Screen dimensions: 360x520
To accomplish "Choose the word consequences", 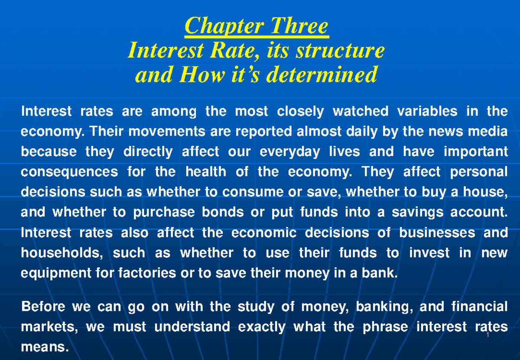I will (69, 172).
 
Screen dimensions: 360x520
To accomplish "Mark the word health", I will (205, 172).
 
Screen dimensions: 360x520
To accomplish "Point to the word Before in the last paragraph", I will (43, 307).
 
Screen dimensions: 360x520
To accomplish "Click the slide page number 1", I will (488, 336).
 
